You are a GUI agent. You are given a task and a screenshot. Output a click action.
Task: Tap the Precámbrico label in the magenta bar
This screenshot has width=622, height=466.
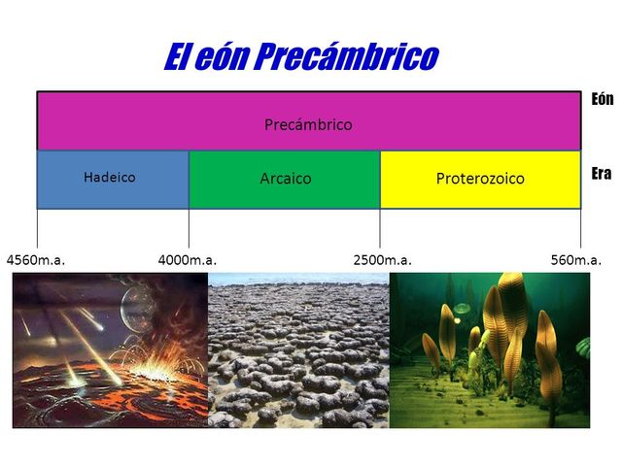coord(308,125)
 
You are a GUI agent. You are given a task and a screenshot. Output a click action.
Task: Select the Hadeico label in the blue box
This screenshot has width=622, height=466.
coord(110,178)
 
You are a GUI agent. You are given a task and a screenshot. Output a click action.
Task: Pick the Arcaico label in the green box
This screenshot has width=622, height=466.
coord(286,179)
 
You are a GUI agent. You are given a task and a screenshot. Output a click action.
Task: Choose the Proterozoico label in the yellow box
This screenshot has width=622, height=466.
coord(480,179)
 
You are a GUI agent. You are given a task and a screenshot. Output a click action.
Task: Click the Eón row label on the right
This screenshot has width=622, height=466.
coord(602,99)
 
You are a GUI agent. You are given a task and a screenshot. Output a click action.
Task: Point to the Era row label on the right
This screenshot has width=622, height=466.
coord(601,174)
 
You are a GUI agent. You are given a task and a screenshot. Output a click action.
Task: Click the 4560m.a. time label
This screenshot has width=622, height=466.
coord(35,260)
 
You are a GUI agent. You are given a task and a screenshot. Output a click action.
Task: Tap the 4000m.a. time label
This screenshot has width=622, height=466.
coord(187,260)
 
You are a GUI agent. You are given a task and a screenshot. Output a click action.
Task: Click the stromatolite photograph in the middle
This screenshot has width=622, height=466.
coord(298,349)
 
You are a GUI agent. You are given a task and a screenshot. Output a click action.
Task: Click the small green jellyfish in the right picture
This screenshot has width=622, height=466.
coord(463,309)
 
